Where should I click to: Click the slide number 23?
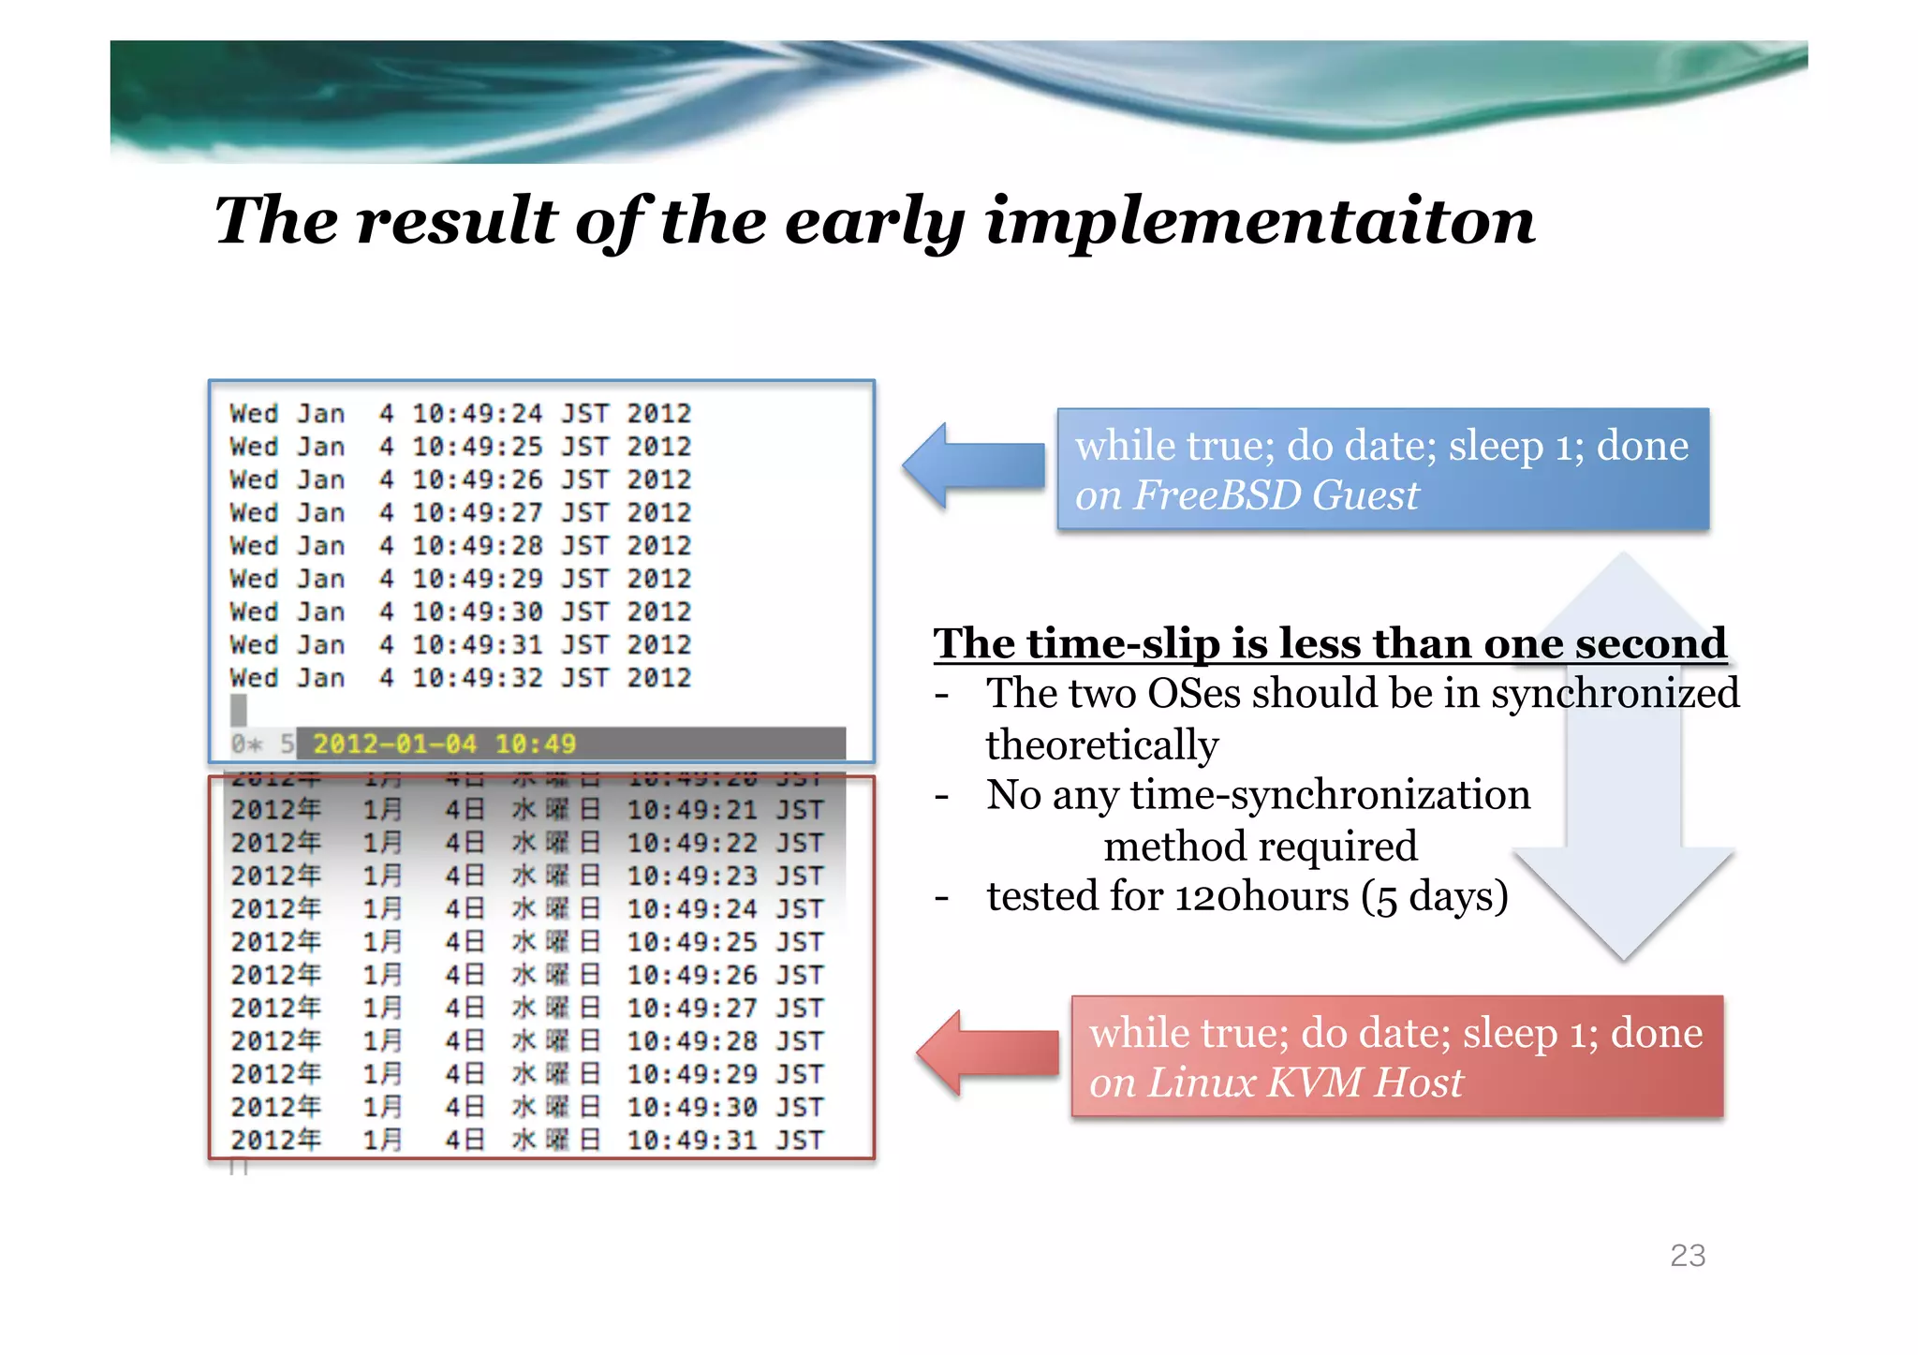pos(1687,1255)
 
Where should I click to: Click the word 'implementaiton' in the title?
pos(1260,222)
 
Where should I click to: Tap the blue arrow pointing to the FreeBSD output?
pos(974,465)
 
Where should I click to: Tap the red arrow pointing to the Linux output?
pos(987,1053)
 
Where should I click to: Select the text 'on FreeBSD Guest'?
pos(1247,495)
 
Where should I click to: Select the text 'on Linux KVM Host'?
pos(1276,1083)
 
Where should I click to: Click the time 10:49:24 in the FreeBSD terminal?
pos(478,414)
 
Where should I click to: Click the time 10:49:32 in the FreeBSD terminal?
pos(478,678)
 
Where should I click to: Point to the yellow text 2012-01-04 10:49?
pos(444,744)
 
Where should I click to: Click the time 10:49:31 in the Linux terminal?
pos(692,1141)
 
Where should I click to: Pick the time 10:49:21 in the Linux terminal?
pos(692,810)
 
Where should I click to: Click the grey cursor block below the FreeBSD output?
pos(239,710)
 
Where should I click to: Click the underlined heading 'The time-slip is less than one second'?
pos(1329,644)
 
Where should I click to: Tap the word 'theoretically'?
pos(1102,745)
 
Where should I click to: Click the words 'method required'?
pos(1260,847)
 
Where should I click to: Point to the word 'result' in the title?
pos(456,222)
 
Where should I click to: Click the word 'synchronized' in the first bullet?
pos(1615,694)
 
